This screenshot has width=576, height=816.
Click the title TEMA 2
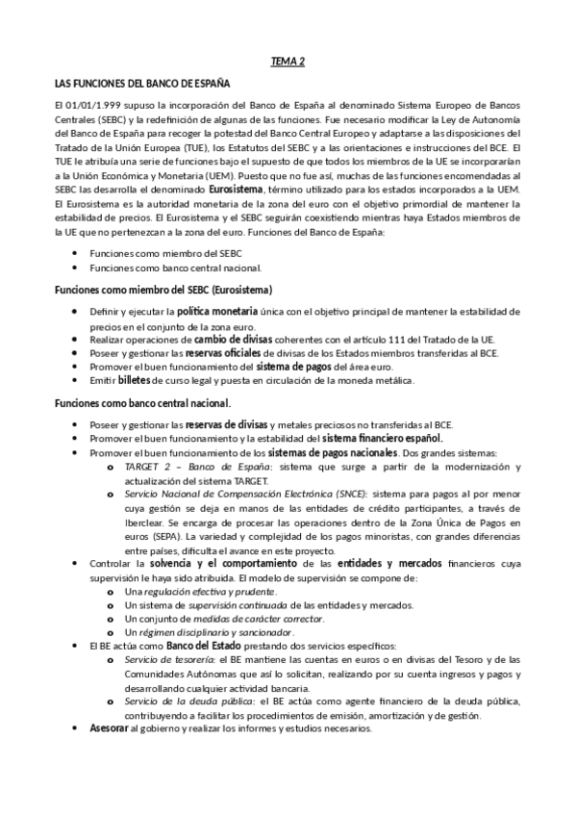(x=288, y=63)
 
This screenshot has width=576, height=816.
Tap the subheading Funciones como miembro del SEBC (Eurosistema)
(x=163, y=290)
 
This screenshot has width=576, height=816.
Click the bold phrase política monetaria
(x=217, y=312)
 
